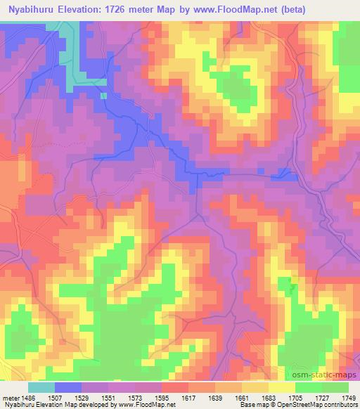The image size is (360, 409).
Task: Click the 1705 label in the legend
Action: pos(296,397)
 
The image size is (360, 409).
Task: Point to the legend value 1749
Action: pos(349,397)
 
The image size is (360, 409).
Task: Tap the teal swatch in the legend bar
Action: pos(41,387)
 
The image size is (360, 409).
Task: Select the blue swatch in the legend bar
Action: pos(68,387)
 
